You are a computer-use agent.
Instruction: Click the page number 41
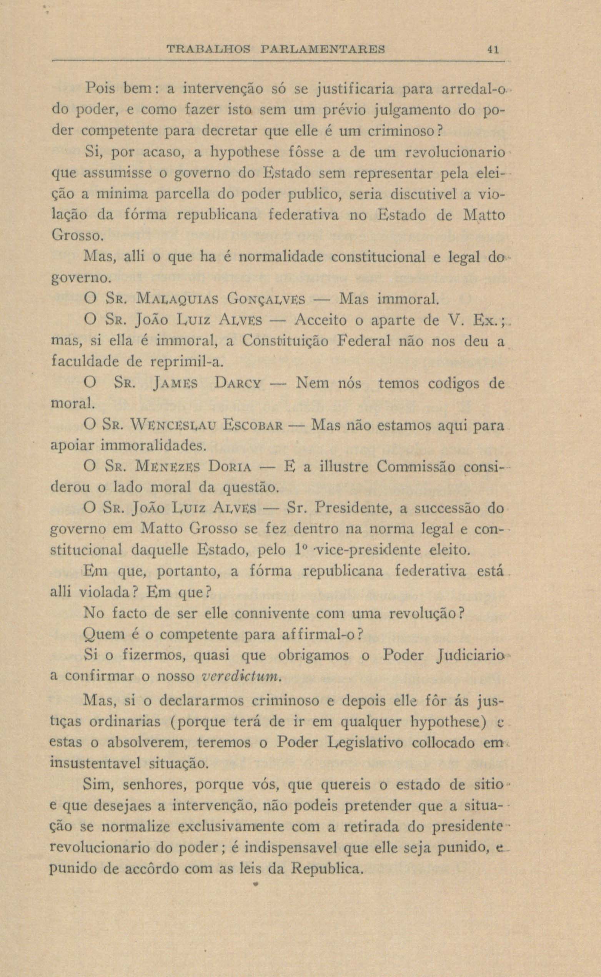pos(493,50)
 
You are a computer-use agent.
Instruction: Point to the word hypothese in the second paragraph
pos(251,152)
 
